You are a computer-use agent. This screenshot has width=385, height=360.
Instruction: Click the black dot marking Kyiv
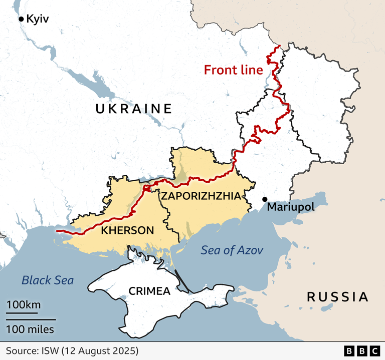pyautogui.click(x=21, y=19)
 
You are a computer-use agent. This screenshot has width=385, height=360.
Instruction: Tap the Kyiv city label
pyautogui.click(x=39, y=19)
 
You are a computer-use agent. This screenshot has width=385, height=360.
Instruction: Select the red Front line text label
pyautogui.click(x=233, y=70)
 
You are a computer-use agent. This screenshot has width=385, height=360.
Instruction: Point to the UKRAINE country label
pyautogui.click(x=133, y=109)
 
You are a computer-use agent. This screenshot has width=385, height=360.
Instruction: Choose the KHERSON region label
pyautogui.click(x=127, y=230)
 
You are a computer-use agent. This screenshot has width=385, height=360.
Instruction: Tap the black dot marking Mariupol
pyautogui.click(x=265, y=199)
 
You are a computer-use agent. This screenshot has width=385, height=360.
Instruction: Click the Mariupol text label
pyautogui.click(x=290, y=207)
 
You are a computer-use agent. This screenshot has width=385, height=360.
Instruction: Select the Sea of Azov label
pyautogui.click(x=232, y=250)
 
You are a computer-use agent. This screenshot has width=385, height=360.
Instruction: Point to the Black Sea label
pyautogui.click(x=48, y=280)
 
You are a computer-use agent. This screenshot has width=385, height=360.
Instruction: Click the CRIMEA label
pyautogui.click(x=149, y=291)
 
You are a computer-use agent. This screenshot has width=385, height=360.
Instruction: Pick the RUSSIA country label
pyautogui.click(x=337, y=297)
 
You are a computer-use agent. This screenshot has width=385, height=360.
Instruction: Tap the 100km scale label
pyautogui.click(x=24, y=305)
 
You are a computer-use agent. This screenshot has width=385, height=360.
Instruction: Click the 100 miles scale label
pyautogui.click(x=30, y=329)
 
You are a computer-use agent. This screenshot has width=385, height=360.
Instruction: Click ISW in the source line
pyautogui.click(x=51, y=350)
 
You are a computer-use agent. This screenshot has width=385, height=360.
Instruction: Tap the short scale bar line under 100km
pyautogui.click(x=22, y=313)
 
